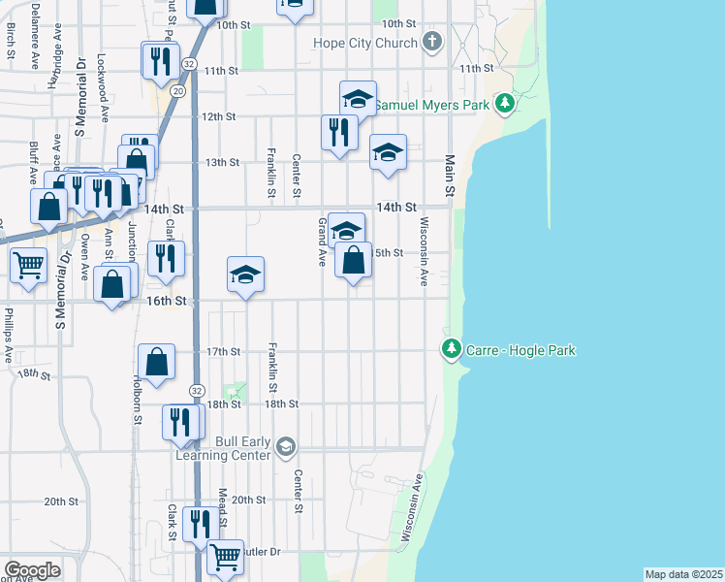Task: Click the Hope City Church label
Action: click(365, 43)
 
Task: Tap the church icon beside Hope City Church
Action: click(432, 43)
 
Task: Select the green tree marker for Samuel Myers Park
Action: click(503, 103)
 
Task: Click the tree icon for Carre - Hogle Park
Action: click(451, 348)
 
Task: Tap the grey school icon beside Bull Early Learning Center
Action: click(285, 447)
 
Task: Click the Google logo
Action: click(32, 570)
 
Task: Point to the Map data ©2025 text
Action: click(684, 574)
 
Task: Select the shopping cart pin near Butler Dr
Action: click(225, 557)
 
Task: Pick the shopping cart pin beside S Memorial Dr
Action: click(28, 264)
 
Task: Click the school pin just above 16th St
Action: click(246, 275)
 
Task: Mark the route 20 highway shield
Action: click(177, 90)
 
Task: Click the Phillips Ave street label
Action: click(8, 331)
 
